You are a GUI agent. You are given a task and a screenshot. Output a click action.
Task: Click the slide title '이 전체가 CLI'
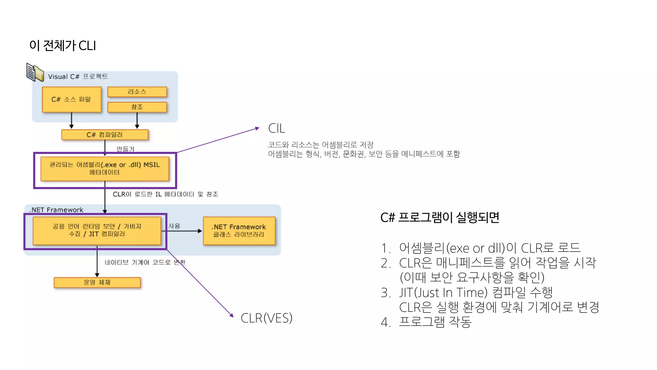click(x=63, y=46)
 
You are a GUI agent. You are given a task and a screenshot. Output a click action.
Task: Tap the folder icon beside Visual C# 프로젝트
click(x=35, y=72)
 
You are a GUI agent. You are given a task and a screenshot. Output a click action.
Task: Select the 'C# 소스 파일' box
click(x=72, y=99)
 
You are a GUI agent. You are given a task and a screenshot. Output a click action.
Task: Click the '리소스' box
click(x=137, y=92)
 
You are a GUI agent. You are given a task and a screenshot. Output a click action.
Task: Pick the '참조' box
click(x=137, y=107)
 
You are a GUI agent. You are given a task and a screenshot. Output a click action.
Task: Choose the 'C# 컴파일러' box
click(x=105, y=135)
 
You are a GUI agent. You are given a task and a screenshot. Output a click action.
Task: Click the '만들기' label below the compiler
click(x=125, y=149)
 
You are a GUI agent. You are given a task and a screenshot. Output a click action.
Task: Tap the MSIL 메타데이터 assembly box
click(x=105, y=169)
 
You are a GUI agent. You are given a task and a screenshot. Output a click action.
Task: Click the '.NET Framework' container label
click(x=56, y=210)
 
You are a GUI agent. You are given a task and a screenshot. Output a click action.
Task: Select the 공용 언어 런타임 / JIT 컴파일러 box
click(x=97, y=230)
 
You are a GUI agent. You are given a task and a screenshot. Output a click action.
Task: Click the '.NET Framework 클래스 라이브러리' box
click(x=239, y=231)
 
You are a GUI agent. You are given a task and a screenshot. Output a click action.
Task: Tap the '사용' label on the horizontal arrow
click(x=174, y=226)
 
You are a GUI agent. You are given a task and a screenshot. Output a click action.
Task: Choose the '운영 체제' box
click(x=97, y=282)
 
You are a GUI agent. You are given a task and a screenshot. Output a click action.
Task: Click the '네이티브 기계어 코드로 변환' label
click(x=145, y=262)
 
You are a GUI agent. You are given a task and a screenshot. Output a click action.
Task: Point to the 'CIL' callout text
click(x=276, y=128)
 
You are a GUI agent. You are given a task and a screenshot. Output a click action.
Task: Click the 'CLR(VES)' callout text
click(x=266, y=318)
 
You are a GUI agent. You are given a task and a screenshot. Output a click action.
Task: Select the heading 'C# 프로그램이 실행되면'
click(x=439, y=217)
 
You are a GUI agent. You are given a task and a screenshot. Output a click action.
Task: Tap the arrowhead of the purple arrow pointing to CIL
click(x=257, y=128)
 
